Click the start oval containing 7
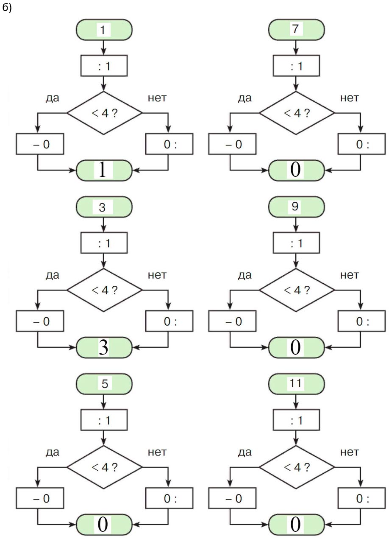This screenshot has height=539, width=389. point(296,30)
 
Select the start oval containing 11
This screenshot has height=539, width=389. point(296,384)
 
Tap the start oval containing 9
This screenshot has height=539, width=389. point(296,207)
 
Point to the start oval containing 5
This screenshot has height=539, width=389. point(104,384)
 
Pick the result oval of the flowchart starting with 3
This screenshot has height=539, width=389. point(104,347)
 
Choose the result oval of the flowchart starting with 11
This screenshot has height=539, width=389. point(296,525)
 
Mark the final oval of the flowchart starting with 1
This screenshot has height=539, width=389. point(104,170)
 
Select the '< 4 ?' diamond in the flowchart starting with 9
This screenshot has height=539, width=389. point(297,290)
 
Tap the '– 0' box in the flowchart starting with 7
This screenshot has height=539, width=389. point(232,144)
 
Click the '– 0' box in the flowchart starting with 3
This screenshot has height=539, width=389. point(40,321)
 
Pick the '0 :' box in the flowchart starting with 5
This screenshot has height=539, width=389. point(169,499)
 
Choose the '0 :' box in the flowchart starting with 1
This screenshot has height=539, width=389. point(169,144)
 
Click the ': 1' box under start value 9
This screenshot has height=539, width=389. point(296,243)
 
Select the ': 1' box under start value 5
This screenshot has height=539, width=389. point(104,420)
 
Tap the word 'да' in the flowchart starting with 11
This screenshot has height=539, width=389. point(245,452)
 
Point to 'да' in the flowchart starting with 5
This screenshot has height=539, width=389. point(53,452)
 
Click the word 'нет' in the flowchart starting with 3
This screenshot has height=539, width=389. point(157,275)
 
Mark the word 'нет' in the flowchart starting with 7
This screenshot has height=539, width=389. point(350,98)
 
